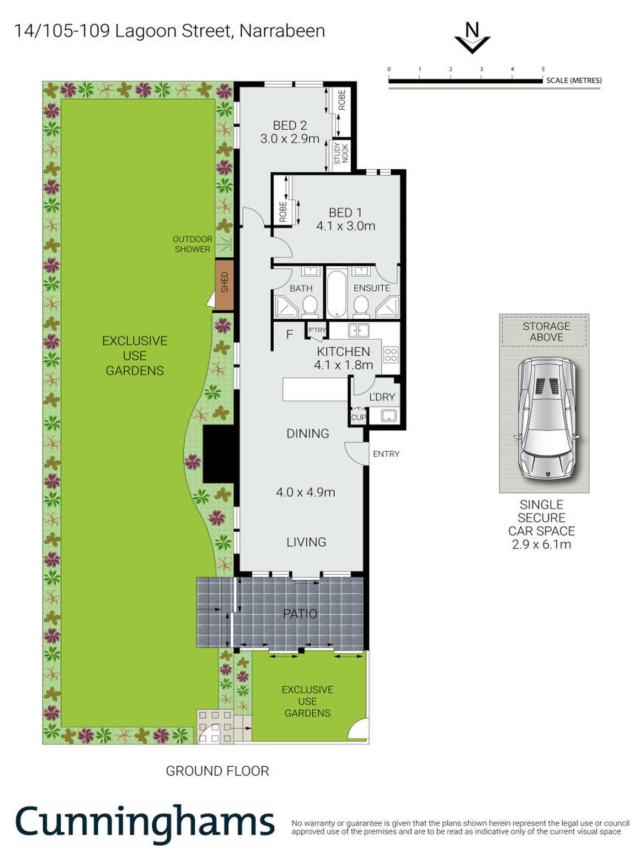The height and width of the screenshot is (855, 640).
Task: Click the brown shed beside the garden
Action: [x=224, y=285]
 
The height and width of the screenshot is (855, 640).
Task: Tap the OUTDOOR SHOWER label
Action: [x=192, y=244]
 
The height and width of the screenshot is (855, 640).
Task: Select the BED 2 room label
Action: [x=290, y=125]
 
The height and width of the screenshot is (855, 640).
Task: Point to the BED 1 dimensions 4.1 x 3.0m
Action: [x=346, y=226]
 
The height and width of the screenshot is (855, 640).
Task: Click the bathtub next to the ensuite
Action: [x=337, y=293]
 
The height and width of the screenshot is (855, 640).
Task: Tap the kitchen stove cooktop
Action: [x=391, y=354]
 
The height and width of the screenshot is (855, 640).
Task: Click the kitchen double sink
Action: [x=358, y=330]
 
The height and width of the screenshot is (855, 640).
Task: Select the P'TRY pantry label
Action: [x=317, y=330]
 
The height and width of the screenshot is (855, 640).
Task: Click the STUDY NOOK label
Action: [x=341, y=153]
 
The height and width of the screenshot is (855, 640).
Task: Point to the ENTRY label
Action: [x=386, y=454]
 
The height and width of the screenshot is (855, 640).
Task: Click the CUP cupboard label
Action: [x=358, y=417]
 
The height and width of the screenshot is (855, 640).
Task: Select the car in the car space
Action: [x=547, y=419]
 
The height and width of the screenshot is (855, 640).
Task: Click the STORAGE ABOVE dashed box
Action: [x=544, y=331]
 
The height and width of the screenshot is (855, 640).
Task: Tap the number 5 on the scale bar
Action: [x=543, y=69]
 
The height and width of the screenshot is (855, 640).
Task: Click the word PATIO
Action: [x=300, y=614]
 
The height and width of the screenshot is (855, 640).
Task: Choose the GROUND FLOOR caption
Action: [x=218, y=771]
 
